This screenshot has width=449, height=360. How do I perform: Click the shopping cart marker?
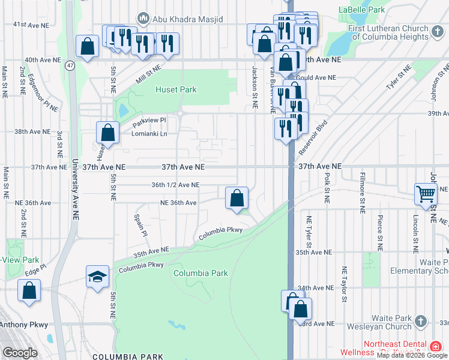click(x=426, y=194)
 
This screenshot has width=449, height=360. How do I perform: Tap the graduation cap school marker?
click(x=98, y=277)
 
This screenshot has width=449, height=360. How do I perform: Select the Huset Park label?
click(x=176, y=90)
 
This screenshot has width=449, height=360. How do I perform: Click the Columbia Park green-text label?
click(x=200, y=273)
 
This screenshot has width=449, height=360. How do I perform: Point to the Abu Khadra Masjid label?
click(x=187, y=19)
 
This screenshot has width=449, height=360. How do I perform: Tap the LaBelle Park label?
click(x=361, y=10)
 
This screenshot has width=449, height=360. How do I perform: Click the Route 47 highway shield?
click(x=70, y=65)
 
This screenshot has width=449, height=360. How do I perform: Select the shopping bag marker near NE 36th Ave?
click(x=237, y=197)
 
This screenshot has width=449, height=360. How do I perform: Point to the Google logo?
click(x=19, y=353)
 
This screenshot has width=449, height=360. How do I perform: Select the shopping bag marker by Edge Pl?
click(x=29, y=290)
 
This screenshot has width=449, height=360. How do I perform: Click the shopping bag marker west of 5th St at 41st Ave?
click(x=88, y=46)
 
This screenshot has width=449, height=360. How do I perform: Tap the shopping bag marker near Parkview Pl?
click(x=108, y=132)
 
